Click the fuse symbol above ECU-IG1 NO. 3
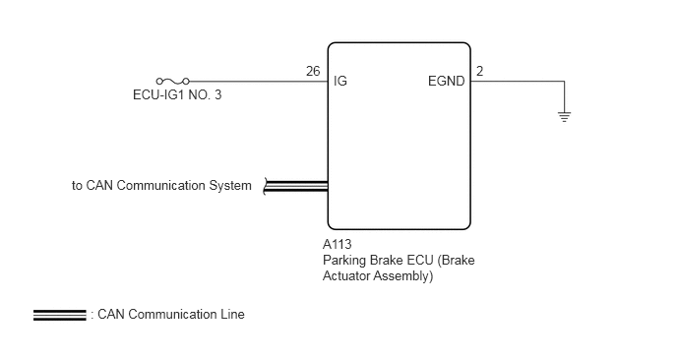pyautogui.click(x=173, y=82)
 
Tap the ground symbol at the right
pyautogui.click(x=564, y=116)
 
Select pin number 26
pyautogui.click(x=313, y=71)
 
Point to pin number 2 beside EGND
pyautogui.click(x=479, y=71)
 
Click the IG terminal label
pyautogui.click(x=340, y=82)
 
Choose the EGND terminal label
pyautogui.click(x=447, y=82)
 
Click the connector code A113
pyautogui.click(x=338, y=244)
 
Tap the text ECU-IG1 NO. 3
pyautogui.click(x=177, y=95)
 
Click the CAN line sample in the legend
pyautogui.click(x=60, y=316)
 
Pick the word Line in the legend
pyautogui.click(x=232, y=314)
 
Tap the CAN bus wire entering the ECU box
pyautogui.click(x=296, y=186)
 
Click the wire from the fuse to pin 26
pyautogui.click(x=259, y=82)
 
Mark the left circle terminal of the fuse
pyautogui.click(x=159, y=82)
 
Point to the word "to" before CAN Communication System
pyautogui.click(x=77, y=186)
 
